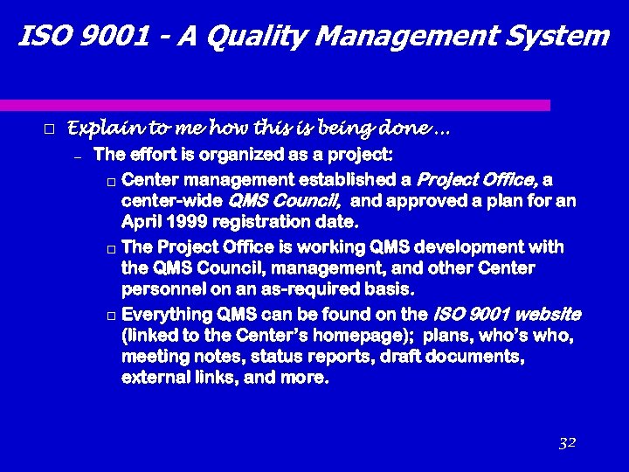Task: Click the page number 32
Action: pyautogui.click(x=567, y=443)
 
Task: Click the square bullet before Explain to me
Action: pyautogui.click(x=49, y=129)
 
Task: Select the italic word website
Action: pyautogui.click(x=547, y=314)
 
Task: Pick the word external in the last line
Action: pyautogui.click(x=155, y=378)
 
